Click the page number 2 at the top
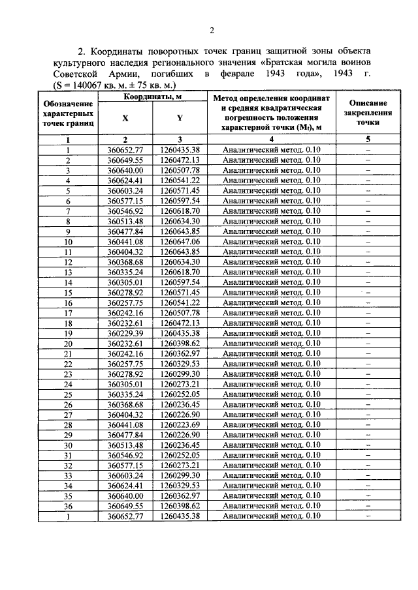pos(212,31)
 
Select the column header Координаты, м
pos(152,97)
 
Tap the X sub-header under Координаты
pos(125,118)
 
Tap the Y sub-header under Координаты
pos(179,118)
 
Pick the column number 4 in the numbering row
pos(271,140)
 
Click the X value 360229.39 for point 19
pos(125,333)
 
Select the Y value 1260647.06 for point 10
pos(179,241)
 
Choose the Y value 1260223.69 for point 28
pos(179,425)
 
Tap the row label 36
pos(67,507)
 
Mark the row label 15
pos(67,293)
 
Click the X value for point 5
pos(125,190)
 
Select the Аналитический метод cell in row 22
pos(271,364)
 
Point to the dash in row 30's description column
pos(368,445)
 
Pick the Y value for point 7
pos(179,211)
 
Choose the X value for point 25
pos(125,394)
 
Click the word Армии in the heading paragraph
pos(117,74)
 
